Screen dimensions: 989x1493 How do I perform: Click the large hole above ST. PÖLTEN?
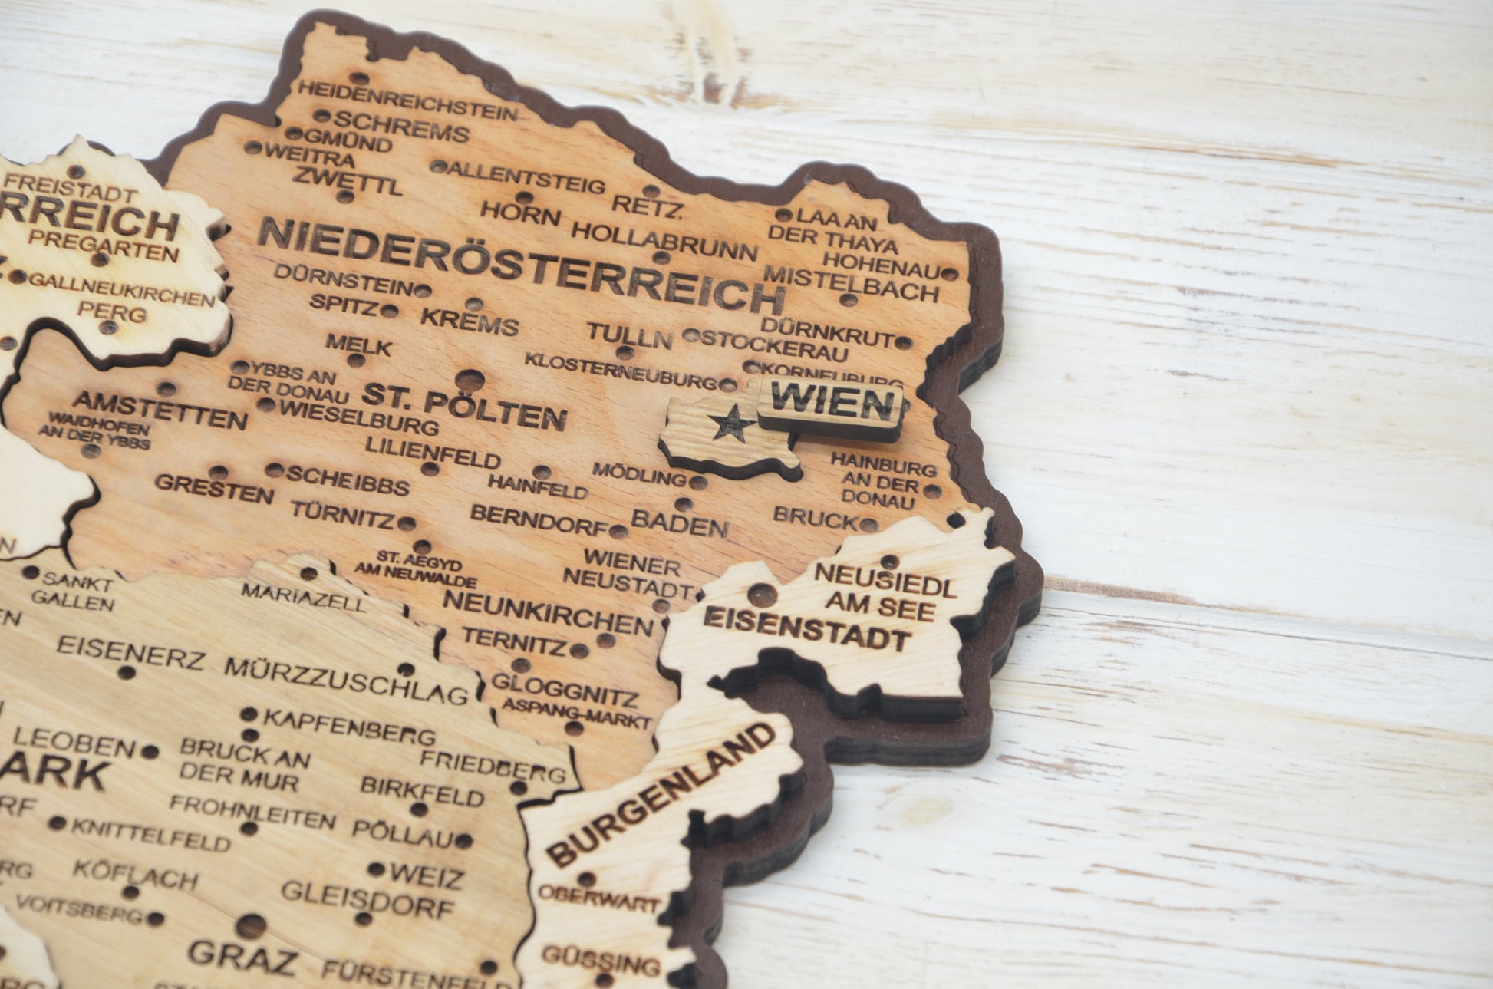470,379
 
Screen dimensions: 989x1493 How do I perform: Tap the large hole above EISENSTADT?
760,595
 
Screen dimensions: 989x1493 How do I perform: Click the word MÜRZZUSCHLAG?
346,680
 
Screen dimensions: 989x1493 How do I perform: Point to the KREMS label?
470,321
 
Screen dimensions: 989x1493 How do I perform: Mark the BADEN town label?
679,524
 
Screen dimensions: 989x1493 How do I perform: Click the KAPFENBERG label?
349,727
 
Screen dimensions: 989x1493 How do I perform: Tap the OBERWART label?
598,898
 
